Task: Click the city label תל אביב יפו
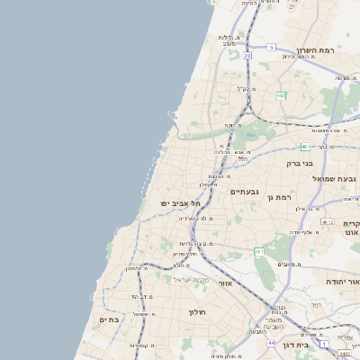[181, 203]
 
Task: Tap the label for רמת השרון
[314, 51]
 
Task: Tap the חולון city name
[197, 311]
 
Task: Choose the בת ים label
[109, 319]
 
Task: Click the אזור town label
[225, 283]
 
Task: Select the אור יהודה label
[343, 282]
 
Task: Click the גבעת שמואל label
[334, 179]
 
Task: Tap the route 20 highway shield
[247, 55]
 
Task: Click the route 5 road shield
[271, 47]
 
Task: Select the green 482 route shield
[281, 94]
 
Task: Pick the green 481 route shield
[305, 146]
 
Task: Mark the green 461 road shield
[259, 251]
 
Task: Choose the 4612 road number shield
[327, 222]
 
